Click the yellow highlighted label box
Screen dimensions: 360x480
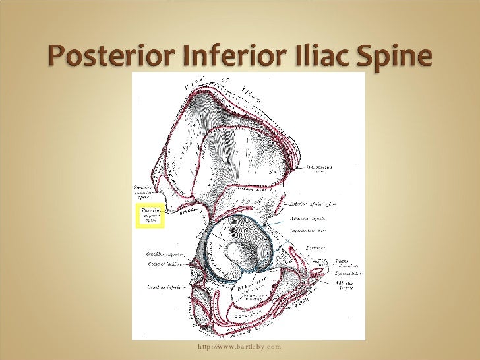pos(149,216)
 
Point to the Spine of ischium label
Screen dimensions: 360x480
pos(164,264)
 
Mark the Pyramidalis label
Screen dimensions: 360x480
pos(347,272)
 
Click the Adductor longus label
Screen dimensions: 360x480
pos(345,285)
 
